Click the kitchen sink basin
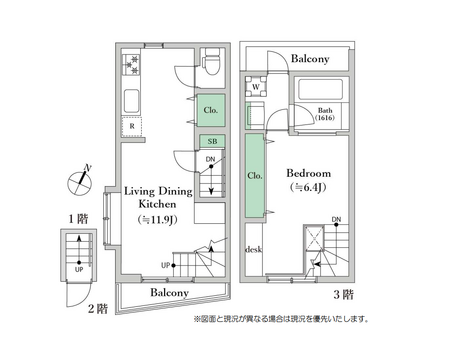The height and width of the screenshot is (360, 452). (x=130, y=101)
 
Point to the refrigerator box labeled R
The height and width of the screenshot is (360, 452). (x=131, y=127)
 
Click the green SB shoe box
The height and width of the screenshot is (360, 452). (x=211, y=142)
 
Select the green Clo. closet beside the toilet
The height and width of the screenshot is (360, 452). (x=211, y=110)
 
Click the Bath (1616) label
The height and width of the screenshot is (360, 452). (x=326, y=114)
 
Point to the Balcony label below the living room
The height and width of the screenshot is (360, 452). (x=170, y=293)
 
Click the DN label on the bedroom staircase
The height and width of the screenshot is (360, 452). (x=336, y=219)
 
